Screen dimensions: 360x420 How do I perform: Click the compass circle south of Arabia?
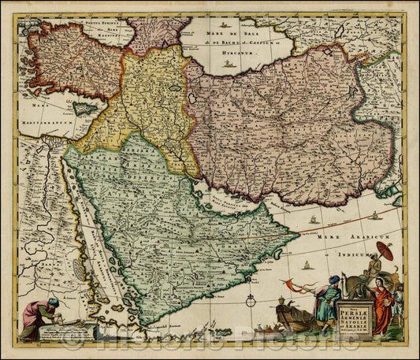251,300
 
